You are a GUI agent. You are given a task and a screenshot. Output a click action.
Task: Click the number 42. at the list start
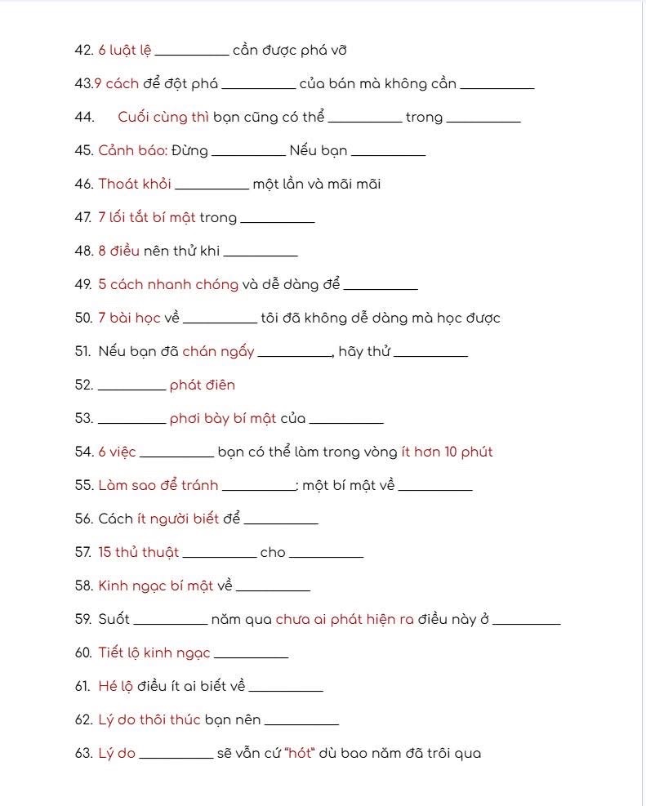coord(83,51)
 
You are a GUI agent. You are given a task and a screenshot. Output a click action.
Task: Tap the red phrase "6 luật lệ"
coord(125,51)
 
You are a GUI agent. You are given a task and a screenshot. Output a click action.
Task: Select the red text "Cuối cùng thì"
coord(163,118)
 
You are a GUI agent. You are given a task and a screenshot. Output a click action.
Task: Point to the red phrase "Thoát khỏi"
coord(135,185)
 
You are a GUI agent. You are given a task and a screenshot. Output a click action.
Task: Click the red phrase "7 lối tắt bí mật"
coord(147,218)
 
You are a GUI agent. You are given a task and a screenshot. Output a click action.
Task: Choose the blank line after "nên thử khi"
coord(261,253)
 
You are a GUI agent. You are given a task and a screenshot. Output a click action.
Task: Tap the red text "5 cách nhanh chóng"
coord(168,285)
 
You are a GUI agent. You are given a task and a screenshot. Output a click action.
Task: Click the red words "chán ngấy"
coord(218,352)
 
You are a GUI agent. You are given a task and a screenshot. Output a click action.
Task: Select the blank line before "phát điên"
coord(131,388)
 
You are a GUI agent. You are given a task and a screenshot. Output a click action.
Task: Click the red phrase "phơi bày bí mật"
coord(223,419)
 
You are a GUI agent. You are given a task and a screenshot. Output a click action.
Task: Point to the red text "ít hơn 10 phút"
coord(447,452)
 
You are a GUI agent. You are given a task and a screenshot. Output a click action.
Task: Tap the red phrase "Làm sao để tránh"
coord(158,486)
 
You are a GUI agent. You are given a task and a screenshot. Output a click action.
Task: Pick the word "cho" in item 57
coord(273,553)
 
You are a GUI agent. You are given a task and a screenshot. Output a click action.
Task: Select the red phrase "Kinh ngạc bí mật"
coord(156,586)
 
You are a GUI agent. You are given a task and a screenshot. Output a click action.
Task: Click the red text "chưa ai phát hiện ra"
coord(345,620)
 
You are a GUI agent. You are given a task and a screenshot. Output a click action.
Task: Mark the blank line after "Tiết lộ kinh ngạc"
coord(251,656)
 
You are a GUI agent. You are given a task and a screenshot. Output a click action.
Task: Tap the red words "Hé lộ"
coord(116,687)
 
